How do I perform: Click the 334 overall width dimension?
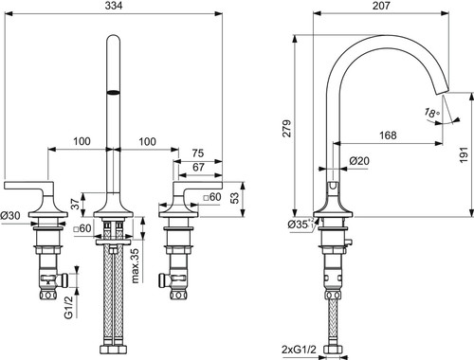pyautogui.click(x=114, y=6)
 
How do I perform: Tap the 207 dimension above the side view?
pyautogui.click(x=381, y=6)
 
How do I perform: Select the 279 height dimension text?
pyautogui.click(x=287, y=128)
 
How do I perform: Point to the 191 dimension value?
pyautogui.click(x=464, y=154)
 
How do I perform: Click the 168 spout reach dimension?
pyautogui.click(x=388, y=135)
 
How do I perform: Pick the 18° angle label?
pyautogui.click(x=431, y=113)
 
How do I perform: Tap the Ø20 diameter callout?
pyautogui.click(x=359, y=161)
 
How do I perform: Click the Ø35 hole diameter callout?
pyautogui.click(x=301, y=224)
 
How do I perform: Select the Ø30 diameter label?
pyautogui.click(x=10, y=216)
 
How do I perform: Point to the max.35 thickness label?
pyautogui.click(x=136, y=265)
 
